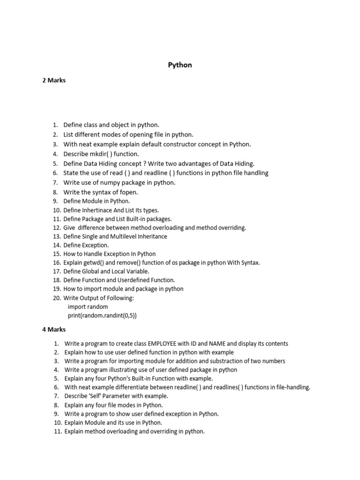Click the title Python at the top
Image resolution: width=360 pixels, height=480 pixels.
[180, 65]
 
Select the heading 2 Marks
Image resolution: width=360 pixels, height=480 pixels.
[54, 80]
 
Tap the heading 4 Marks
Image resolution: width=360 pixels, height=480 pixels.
[54, 330]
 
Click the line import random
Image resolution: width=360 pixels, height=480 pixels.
[88, 307]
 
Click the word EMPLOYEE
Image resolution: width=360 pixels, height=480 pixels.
[165, 344]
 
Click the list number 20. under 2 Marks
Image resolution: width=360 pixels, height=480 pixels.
[57, 298]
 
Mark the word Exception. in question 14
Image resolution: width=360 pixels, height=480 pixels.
[95, 245]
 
